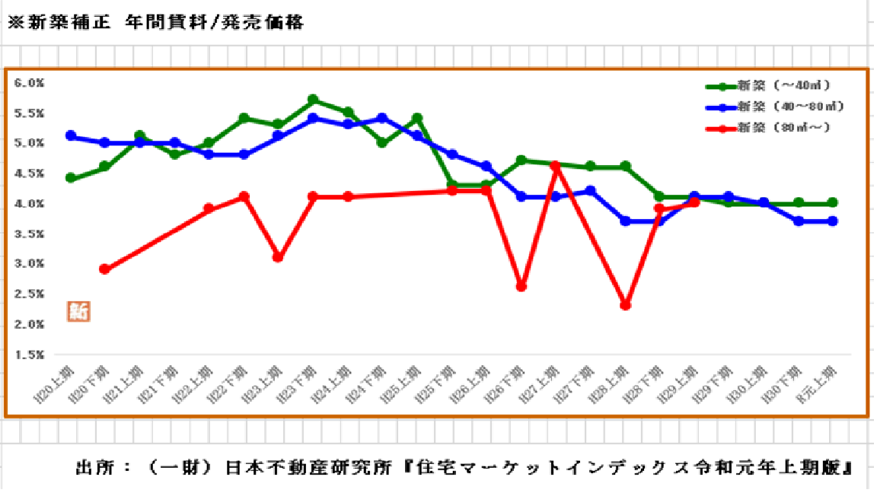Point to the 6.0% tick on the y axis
(x=30, y=83)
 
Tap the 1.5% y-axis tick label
(x=30, y=355)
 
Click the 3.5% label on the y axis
(x=30, y=234)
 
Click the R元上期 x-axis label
(x=821, y=380)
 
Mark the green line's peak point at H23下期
(x=313, y=100)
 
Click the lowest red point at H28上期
(x=625, y=305)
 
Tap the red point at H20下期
(x=105, y=269)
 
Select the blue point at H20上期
(x=71, y=136)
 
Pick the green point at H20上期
(x=71, y=178)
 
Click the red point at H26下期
(x=521, y=287)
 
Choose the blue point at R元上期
(x=833, y=221)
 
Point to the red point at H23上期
(x=279, y=257)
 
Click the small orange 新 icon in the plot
(x=78, y=310)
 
